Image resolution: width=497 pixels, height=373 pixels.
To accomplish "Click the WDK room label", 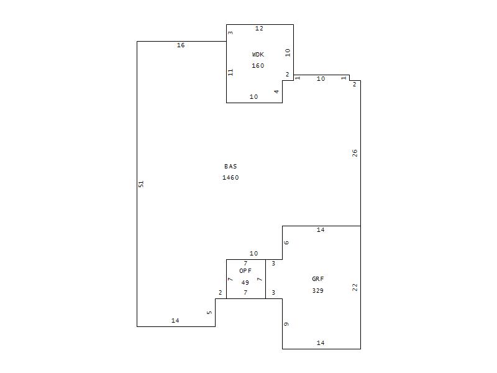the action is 258,55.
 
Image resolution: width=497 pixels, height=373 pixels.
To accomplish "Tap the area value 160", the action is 258,66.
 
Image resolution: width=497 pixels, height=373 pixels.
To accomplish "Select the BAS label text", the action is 230,166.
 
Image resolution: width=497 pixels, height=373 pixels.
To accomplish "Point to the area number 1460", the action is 230,178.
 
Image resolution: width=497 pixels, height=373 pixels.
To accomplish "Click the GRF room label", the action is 318,279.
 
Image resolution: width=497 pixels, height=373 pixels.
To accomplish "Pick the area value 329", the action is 318,290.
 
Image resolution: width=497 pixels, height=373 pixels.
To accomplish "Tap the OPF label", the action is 245,271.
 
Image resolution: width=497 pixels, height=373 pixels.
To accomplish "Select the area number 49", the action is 245,282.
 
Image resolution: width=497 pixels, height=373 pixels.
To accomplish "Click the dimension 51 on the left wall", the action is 141,183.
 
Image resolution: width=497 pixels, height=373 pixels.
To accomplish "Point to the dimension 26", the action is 355,153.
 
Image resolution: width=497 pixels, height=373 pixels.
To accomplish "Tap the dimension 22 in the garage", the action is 355,287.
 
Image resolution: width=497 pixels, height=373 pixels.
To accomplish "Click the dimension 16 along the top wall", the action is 181,45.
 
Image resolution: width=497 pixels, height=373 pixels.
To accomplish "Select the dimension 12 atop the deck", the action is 259,28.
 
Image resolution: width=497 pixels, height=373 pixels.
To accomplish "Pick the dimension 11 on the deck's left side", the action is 230,72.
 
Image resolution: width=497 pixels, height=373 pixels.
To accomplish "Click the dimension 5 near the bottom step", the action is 209,313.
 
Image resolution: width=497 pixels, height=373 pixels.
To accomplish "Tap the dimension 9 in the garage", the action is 286,324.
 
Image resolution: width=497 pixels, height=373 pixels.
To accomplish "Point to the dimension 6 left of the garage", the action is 286,242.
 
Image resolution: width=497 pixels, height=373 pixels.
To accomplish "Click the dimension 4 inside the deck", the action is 276,91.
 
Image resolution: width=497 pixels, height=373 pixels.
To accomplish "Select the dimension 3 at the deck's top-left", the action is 230,32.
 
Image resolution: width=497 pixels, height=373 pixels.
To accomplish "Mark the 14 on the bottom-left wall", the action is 175,321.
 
